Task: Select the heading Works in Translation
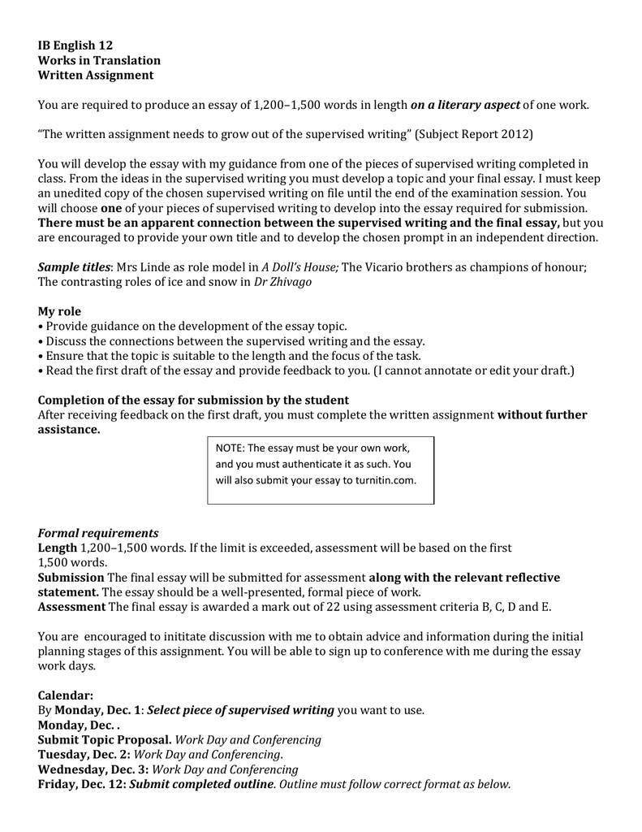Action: tap(99, 60)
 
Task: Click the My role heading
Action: tap(60, 312)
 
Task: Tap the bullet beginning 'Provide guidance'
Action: tap(195, 327)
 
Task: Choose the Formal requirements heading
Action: tap(98, 533)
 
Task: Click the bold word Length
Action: tap(57, 548)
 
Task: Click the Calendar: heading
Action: tap(66, 695)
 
